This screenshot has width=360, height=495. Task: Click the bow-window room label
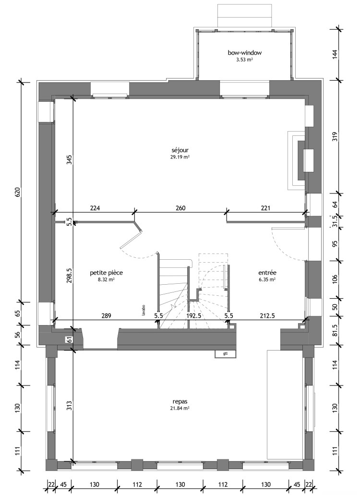244,53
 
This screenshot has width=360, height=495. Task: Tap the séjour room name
180,150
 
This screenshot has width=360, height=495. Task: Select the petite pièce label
107,272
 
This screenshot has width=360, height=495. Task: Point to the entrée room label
267,272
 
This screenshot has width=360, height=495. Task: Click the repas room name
180,401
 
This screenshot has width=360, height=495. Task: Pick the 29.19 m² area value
180,157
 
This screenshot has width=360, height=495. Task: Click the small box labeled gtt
225,354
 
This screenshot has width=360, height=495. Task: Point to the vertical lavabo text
143,310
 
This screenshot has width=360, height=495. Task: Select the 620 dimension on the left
18,192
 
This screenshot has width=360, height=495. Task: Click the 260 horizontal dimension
180,208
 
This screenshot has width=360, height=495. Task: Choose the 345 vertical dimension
70,159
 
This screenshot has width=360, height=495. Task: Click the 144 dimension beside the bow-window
335,54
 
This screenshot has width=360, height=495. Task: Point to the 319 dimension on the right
335,136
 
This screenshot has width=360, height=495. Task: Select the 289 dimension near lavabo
106,315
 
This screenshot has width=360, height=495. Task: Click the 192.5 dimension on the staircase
193,315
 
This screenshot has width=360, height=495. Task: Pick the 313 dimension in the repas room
70,405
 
